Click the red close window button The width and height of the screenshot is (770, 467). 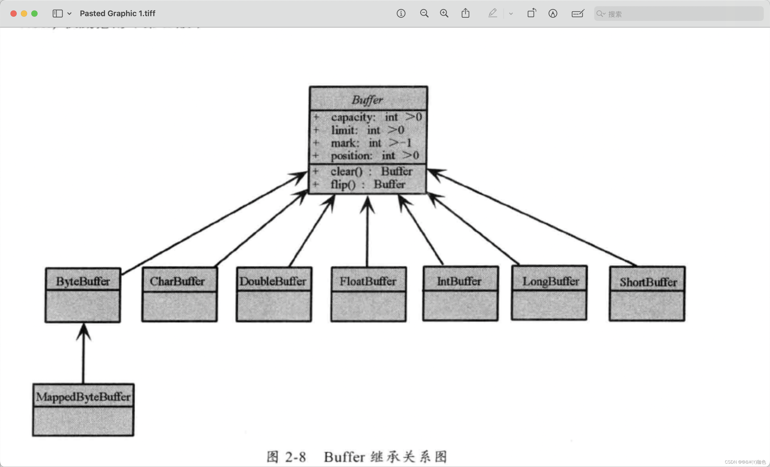14,14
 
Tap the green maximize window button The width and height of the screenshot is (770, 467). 34,14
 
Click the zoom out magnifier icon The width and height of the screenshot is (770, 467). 424,14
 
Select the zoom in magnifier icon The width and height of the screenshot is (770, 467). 444,14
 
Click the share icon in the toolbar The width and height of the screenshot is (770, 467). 465,14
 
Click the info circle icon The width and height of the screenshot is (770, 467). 401,14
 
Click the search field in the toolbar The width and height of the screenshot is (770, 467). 678,14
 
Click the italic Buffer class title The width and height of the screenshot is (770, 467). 368,100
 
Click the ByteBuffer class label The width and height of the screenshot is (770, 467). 83,281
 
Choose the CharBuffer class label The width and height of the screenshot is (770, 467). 177,281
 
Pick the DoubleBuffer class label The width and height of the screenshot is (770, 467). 273,281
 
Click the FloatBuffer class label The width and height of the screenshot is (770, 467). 368,281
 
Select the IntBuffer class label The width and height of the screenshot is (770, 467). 459,281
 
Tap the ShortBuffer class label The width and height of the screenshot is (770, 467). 648,282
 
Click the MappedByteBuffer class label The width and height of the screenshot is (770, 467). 83,397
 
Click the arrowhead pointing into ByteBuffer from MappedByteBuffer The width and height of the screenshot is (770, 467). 83,331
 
